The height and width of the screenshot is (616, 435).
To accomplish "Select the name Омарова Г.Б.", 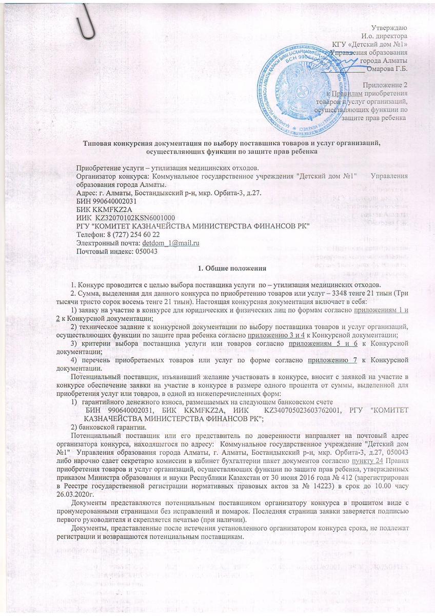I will click(x=387, y=69).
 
